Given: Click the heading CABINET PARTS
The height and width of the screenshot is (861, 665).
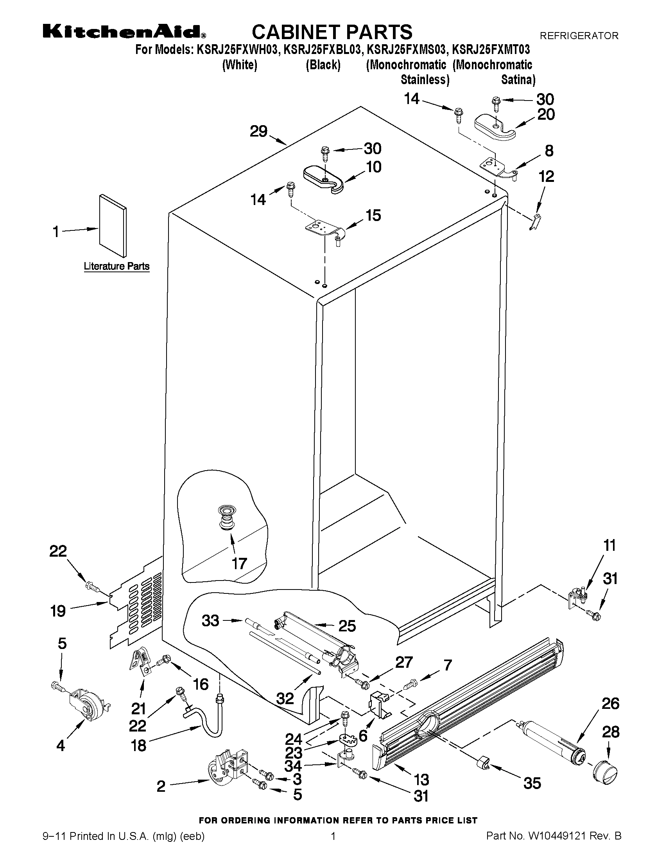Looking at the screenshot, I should [x=332, y=32].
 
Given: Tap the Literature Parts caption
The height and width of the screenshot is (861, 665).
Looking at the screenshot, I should [x=116, y=266].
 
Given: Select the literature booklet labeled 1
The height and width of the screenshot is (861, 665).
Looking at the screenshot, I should [x=113, y=225].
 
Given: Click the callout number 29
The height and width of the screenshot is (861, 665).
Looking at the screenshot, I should [x=258, y=131].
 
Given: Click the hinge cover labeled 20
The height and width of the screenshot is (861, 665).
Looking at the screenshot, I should [x=495, y=128].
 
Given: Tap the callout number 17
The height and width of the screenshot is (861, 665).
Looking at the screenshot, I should [x=239, y=564].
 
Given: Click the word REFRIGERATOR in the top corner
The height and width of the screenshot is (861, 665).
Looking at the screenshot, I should [x=579, y=36].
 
